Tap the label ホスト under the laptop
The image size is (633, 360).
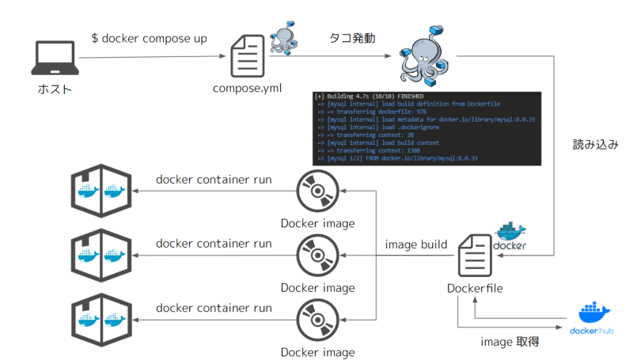point(55,89)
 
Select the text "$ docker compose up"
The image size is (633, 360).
point(150,38)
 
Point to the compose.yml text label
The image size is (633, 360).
point(248,87)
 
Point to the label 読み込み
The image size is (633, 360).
point(595,146)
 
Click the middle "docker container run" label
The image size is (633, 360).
point(214,244)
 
